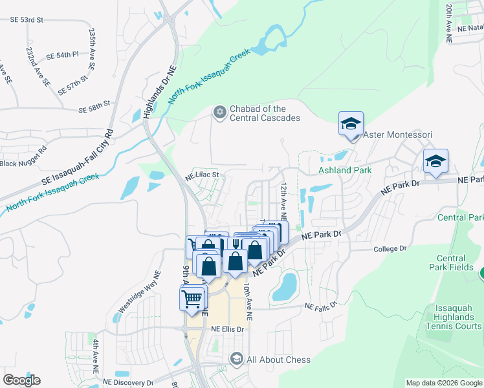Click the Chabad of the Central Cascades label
(x=265, y=113)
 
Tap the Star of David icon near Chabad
(x=219, y=113)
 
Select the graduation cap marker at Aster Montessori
(x=351, y=124)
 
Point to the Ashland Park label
(x=345, y=171)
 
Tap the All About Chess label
(x=278, y=360)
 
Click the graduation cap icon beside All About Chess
(x=237, y=359)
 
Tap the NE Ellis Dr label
(x=227, y=329)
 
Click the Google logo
(x=21, y=380)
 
